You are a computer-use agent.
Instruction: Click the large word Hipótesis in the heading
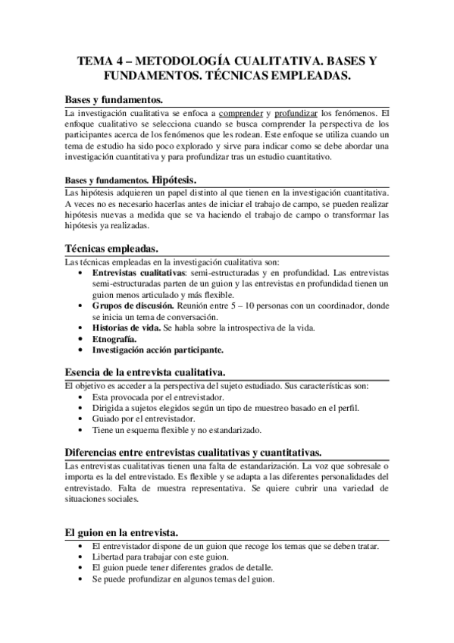(x=174, y=180)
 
